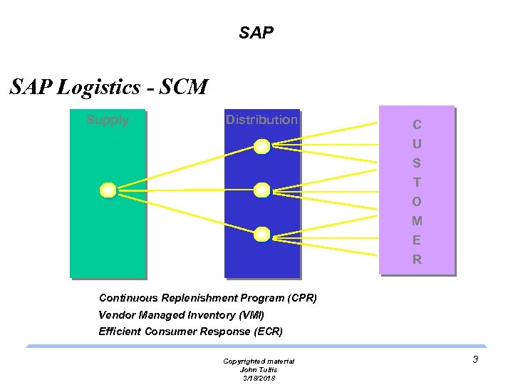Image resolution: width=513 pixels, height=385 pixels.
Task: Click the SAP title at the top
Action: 256,33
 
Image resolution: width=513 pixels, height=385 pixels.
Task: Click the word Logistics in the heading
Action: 99,88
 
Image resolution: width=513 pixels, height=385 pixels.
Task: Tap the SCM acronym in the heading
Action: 183,88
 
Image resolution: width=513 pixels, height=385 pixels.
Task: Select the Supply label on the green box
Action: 108,120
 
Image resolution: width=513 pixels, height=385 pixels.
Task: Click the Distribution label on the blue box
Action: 261,120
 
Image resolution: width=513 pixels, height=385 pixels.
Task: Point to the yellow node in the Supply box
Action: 108,190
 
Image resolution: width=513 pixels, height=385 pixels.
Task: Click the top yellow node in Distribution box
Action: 262,147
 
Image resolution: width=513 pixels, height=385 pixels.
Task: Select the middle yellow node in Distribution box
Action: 262,190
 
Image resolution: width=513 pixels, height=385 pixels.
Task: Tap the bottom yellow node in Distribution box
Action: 262,233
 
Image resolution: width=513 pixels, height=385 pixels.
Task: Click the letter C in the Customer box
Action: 417,125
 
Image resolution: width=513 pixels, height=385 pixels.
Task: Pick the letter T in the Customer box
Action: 417,183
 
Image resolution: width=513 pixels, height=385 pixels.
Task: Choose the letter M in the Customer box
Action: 417,221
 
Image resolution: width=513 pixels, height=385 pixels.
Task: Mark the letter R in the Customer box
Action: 417,260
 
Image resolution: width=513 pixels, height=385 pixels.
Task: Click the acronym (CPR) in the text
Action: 299,297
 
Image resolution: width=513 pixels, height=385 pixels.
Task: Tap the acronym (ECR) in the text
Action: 268,332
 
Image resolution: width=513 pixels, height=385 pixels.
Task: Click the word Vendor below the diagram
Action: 116,314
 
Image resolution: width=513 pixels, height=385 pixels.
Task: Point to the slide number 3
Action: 475,360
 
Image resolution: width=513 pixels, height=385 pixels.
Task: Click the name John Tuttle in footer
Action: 259,369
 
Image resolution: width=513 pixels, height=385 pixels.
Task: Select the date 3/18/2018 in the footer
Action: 259,378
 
